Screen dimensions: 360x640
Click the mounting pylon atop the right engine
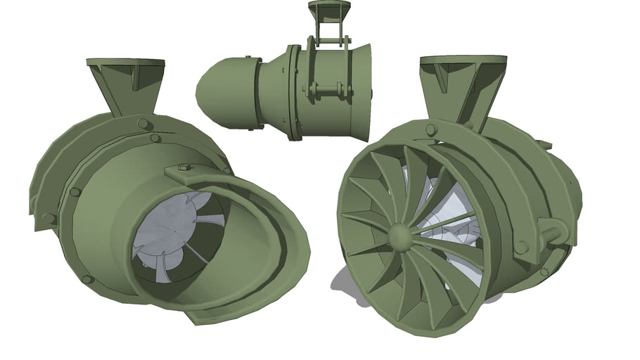coord(461,88)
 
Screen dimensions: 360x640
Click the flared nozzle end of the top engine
coord(362,91)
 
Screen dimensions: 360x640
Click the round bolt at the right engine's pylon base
coord(430,129)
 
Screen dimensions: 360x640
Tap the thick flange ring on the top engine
coord(293,91)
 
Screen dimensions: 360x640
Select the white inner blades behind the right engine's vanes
coord(450,211)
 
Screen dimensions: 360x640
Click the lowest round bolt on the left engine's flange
coord(87,279)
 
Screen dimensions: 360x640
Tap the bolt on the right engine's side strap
coord(521,247)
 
